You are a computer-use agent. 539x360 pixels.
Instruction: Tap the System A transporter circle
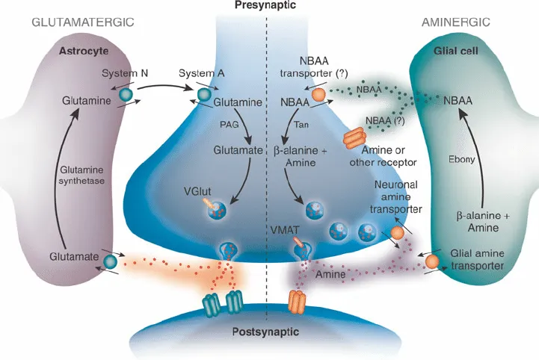coord(203,96)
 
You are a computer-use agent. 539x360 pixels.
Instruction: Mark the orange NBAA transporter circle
coord(318,95)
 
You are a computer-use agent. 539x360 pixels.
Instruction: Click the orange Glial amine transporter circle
coord(433,261)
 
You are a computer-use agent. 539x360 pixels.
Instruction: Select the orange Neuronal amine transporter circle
coord(398,232)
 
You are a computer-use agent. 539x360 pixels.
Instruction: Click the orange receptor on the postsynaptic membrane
coord(298,301)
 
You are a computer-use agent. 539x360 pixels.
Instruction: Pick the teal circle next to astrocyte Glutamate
coord(111,261)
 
